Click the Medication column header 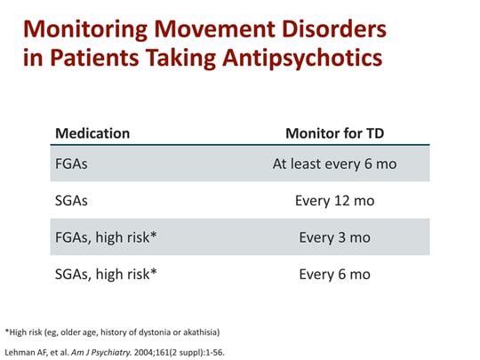pos(92,133)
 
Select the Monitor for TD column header pos(334,133)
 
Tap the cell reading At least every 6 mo pos(334,164)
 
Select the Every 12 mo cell pos(334,201)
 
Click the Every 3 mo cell pos(334,237)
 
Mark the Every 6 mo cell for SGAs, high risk pos(334,274)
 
